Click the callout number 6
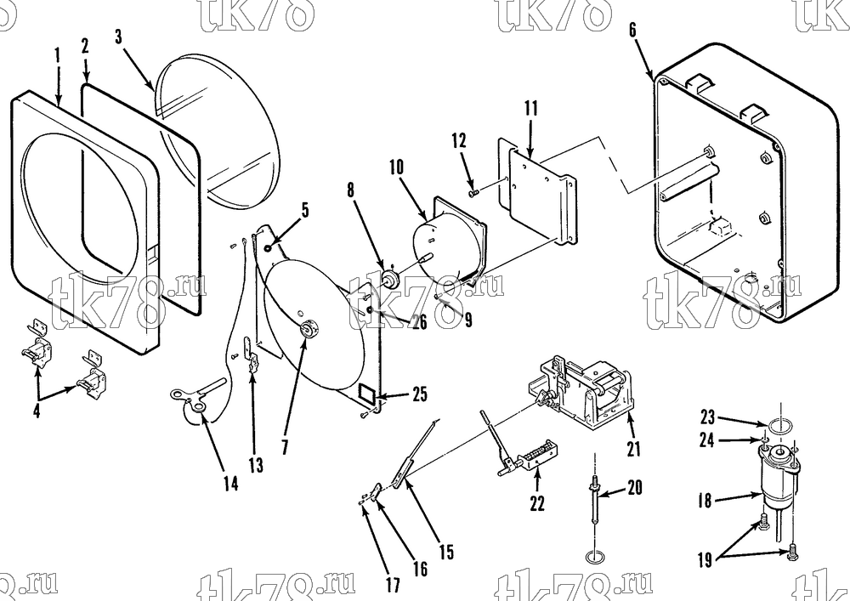632,30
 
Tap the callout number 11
531,109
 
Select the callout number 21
634,448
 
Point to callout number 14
230,483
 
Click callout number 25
420,394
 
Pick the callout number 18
704,500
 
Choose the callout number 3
119,37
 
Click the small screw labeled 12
472,190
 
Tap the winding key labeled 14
198,395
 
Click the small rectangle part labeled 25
369,392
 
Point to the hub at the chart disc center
309,329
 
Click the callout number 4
37,411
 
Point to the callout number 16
420,569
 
